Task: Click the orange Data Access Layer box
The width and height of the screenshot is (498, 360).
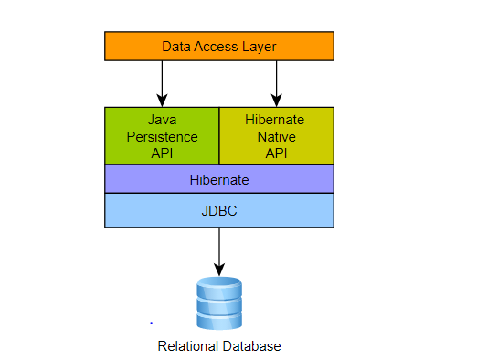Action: point(219,46)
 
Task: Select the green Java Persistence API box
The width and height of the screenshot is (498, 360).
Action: point(162,136)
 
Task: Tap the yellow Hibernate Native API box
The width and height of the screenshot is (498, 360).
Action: point(276,136)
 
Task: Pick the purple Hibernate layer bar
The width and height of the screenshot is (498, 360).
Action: point(219,180)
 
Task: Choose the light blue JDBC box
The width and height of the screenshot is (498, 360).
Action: point(219,209)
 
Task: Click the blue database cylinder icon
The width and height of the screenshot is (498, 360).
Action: point(219,303)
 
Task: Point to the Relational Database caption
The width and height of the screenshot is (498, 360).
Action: point(219,346)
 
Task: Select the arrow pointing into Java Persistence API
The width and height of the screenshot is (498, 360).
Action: point(162,83)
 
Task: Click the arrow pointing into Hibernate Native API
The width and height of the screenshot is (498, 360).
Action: point(276,83)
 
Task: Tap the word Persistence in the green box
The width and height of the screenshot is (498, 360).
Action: point(162,136)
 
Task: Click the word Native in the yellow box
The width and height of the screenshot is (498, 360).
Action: point(276,136)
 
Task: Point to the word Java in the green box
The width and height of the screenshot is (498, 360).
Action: point(162,120)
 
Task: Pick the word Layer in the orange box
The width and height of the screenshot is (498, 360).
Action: point(258,46)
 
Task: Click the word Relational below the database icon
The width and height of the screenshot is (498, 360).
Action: point(185,346)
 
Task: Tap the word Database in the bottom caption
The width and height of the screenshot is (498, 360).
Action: point(249,346)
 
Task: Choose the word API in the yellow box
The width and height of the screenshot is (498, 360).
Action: point(276,153)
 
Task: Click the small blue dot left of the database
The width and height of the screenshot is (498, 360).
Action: point(151,323)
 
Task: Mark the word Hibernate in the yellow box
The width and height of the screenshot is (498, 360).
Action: point(276,120)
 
